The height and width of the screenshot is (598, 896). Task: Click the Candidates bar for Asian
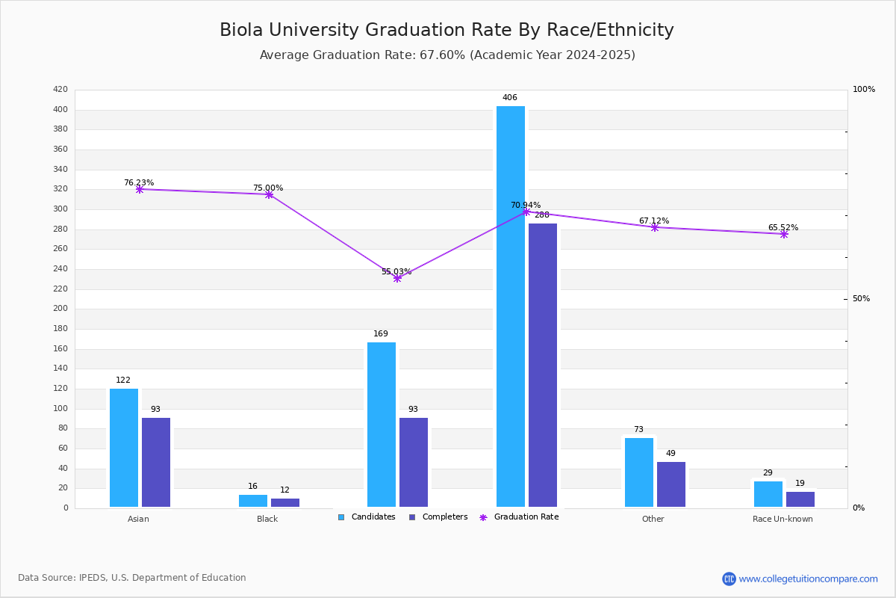pos(124,448)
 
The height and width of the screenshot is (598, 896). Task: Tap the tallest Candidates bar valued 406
pos(511,306)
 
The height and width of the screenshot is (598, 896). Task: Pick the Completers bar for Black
pos(285,502)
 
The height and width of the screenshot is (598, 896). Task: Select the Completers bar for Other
pos(671,484)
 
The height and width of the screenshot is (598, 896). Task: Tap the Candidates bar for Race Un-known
pos(768,494)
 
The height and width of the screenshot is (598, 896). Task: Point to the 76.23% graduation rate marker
pos(140,189)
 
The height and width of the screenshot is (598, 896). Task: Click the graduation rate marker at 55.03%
pos(397,278)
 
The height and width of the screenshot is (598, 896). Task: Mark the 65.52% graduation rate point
pos(784,234)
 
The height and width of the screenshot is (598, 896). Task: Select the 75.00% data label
pos(268,188)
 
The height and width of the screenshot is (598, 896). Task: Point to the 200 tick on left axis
pos(60,309)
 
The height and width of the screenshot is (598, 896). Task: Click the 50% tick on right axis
pos(861,299)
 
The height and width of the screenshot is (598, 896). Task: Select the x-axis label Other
pos(653,519)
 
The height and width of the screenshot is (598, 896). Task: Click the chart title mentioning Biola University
pos(447,30)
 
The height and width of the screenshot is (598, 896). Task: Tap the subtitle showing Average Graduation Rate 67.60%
pos(447,55)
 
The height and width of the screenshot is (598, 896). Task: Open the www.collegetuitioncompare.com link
pos(808,579)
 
